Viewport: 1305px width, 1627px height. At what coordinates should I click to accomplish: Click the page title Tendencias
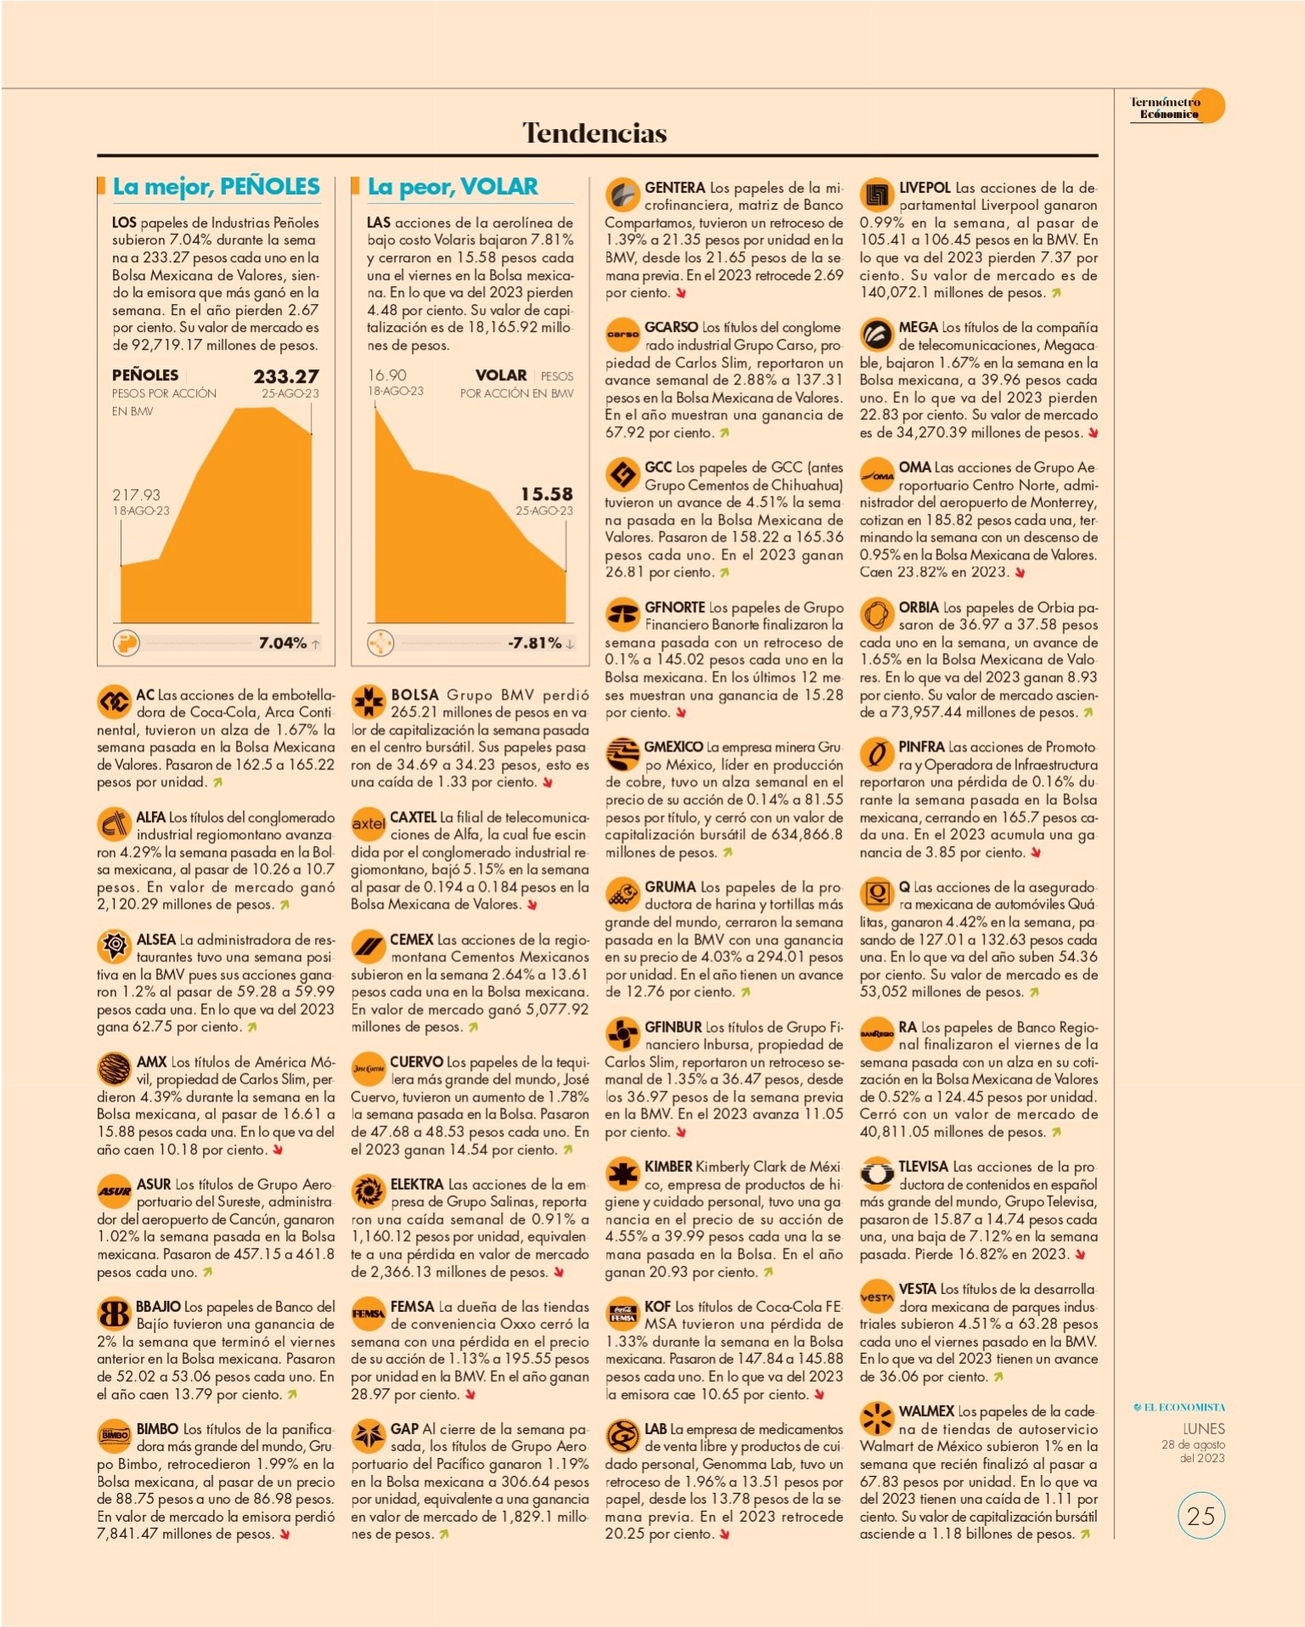click(594, 132)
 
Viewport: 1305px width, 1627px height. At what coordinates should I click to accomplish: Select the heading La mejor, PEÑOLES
click(217, 187)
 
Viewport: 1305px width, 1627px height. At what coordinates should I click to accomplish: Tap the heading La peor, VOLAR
click(453, 187)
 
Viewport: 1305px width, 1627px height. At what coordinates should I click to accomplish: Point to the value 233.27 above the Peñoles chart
click(286, 376)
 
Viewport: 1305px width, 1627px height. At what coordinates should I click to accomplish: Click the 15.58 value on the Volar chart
click(547, 493)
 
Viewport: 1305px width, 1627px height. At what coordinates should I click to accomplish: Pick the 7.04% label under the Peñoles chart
click(283, 643)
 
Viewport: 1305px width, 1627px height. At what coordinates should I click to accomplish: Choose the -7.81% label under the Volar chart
click(535, 643)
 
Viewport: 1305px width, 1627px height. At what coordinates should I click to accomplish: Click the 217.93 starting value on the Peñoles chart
click(136, 494)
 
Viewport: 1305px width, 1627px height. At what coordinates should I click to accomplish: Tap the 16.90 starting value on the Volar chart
click(387, 374)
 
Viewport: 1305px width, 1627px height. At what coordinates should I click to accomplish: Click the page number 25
click(1201, 1516)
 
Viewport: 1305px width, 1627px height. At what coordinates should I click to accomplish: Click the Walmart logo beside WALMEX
click(876, 1418)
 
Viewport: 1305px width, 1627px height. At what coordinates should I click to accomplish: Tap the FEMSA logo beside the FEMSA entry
click(368, 1314)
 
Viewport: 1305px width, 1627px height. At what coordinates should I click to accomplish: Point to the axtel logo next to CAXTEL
click(368, 824)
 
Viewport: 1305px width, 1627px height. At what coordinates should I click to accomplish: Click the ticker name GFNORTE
click(675, 607)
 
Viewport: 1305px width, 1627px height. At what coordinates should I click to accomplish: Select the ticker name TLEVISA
click(924, 1167)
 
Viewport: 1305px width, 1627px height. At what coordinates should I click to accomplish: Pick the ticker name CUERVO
click(417, 1061)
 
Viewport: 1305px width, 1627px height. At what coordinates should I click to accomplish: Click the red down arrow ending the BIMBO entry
click(284, 1534)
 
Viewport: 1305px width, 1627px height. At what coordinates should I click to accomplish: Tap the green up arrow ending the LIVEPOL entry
click(1056, 293)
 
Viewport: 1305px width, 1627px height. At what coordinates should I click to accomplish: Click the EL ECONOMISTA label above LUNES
click(1180, 1407)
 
